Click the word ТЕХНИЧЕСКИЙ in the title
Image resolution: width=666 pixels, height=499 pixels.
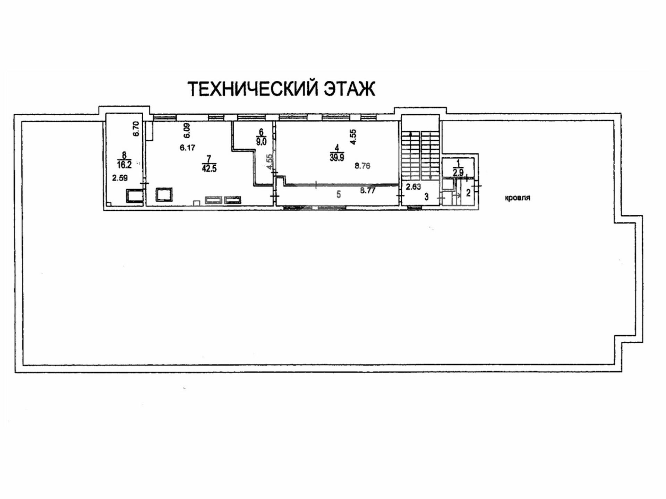coord(253,89)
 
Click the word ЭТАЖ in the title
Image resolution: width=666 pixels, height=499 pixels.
coord(350,89)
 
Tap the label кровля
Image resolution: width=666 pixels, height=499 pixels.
coord(517,198)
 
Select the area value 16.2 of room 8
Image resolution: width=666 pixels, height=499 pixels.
coord(124,164)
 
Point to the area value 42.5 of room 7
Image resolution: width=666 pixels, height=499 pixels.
coord(209,168)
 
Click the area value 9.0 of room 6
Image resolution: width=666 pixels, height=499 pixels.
coord(261,141)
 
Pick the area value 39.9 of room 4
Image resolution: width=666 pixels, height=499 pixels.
coord(337,158)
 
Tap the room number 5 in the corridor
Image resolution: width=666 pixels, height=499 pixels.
coord(339,194)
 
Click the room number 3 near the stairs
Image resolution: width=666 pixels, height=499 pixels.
coord(426,197)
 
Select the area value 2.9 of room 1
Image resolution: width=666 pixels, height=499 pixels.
coord(458,172)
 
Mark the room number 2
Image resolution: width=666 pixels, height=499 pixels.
coord(468,193)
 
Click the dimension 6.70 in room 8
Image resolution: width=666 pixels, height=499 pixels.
coord(136,129)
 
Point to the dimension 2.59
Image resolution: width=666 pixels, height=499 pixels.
coord(120,178)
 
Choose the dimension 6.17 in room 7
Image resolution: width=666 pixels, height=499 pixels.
coord(187,148)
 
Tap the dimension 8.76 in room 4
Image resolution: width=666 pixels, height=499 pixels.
coord(362,166)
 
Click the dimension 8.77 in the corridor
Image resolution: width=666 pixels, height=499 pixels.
coord(368,190)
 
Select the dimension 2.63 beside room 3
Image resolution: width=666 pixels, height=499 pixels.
coord(413,187)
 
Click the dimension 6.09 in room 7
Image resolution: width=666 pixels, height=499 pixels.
coord(187,131)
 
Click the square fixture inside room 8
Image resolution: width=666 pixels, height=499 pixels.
coord(134,196)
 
